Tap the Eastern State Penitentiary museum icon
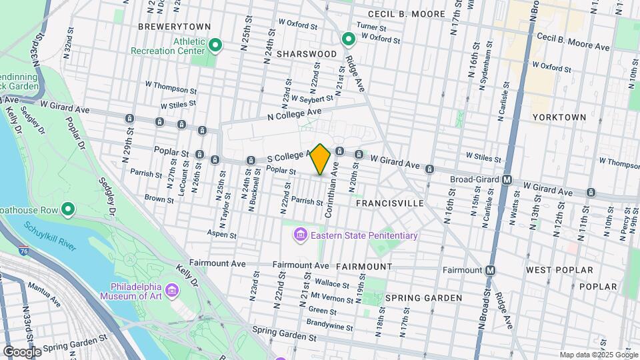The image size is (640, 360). [299, 235]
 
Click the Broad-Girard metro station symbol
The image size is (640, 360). [507, 180]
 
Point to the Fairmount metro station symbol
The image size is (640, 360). [490, 270]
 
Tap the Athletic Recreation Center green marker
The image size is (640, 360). [215, 45]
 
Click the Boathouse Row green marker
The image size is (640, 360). [67, 210]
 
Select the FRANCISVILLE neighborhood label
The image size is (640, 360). [389, 202]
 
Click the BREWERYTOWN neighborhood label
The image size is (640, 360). [174, 27]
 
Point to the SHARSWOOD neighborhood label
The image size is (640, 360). [307, 53]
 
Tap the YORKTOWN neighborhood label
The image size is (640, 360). [559, 117]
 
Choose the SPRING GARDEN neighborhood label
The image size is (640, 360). [423, 297]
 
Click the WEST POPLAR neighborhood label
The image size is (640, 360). [559, 270]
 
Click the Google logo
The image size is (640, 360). [22, 351]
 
